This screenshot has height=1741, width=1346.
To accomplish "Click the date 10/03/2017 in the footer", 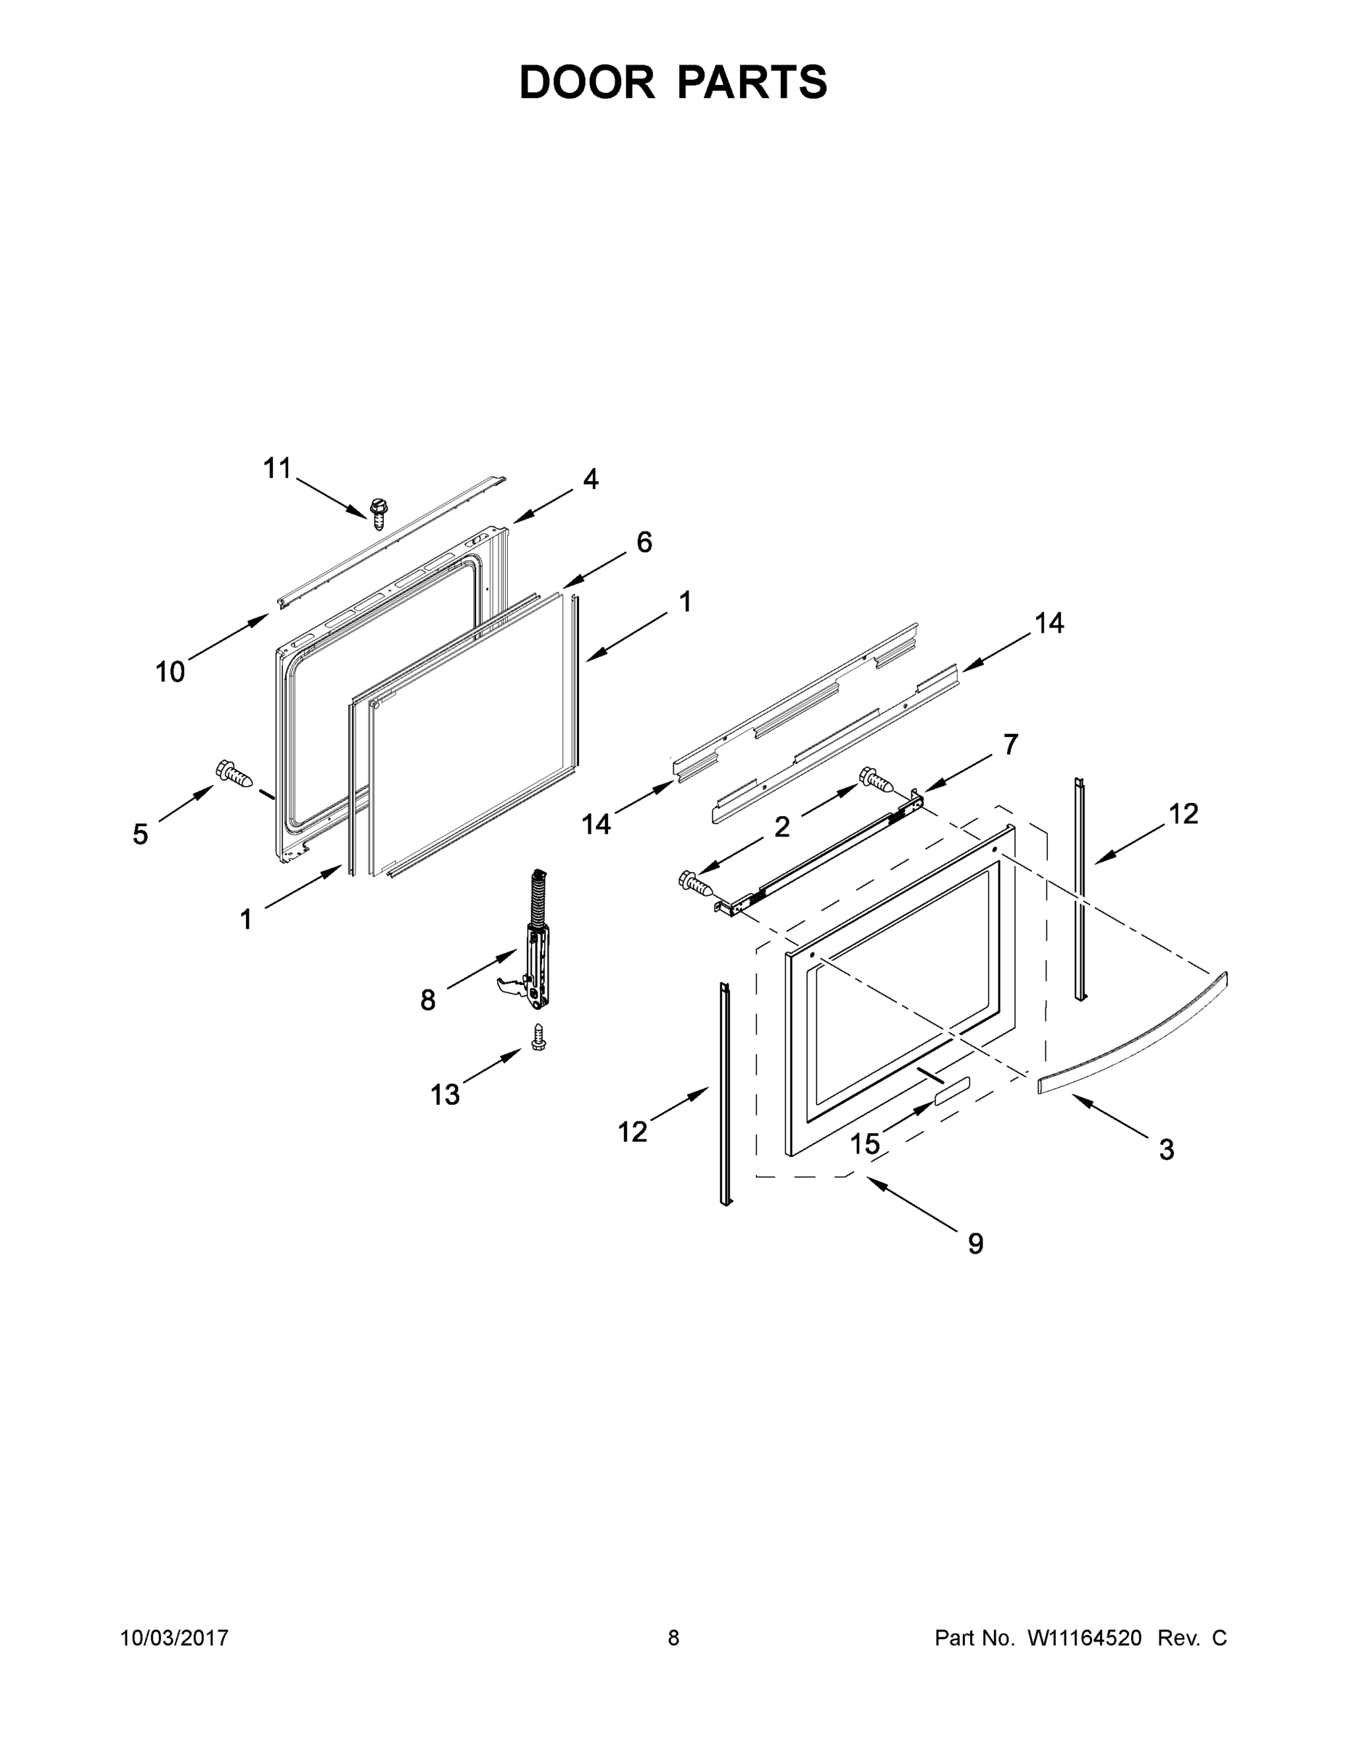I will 174,1637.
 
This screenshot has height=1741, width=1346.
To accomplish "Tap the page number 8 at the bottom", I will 673,1637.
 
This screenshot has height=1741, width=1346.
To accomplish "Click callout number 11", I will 276,469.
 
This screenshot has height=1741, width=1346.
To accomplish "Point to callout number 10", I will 170,672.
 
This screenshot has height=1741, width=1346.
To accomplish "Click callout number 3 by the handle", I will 1166,1150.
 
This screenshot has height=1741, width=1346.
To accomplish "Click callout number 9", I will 975,1243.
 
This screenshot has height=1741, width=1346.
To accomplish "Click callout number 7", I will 1010,744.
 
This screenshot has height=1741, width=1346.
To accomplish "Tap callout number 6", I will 644,542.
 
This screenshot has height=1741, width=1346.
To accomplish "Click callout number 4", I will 590,478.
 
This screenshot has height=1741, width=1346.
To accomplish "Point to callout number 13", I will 445,1095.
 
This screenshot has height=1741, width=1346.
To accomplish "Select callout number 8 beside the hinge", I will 428,1000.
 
